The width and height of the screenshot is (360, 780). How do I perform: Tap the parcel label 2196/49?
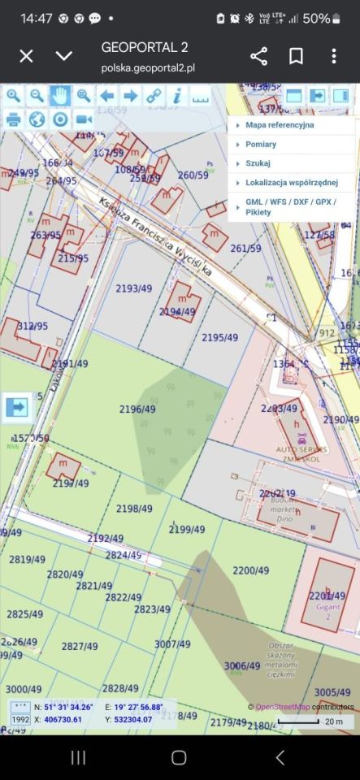(x=137, y=409)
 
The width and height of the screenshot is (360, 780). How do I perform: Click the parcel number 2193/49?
(x=134, y=288)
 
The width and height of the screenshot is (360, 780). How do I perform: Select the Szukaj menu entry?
(x=258, y=163)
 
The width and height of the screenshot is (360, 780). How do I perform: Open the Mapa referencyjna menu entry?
(x=280, y=125)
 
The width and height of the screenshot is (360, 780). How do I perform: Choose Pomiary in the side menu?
(x=261, y=144)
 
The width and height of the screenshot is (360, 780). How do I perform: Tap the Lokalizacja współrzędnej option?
(x=291, y=182)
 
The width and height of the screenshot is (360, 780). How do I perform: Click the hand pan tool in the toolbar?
(x=60, y=96)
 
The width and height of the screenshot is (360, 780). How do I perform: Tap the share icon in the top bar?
(x=258, y=56)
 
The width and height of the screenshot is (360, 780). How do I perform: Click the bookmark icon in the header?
(x=297, y=56)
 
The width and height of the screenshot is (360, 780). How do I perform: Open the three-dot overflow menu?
(x=334, y=56)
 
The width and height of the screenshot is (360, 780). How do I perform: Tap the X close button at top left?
(x=26, y=56)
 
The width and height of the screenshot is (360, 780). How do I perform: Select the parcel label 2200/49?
(x=250, y=570)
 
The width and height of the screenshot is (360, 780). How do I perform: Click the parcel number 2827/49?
(x=80, y=646)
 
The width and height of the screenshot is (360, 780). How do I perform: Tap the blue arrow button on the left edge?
(x=16, y=407)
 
